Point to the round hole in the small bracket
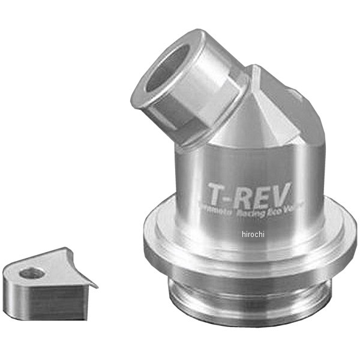click(x=31, y=274)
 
